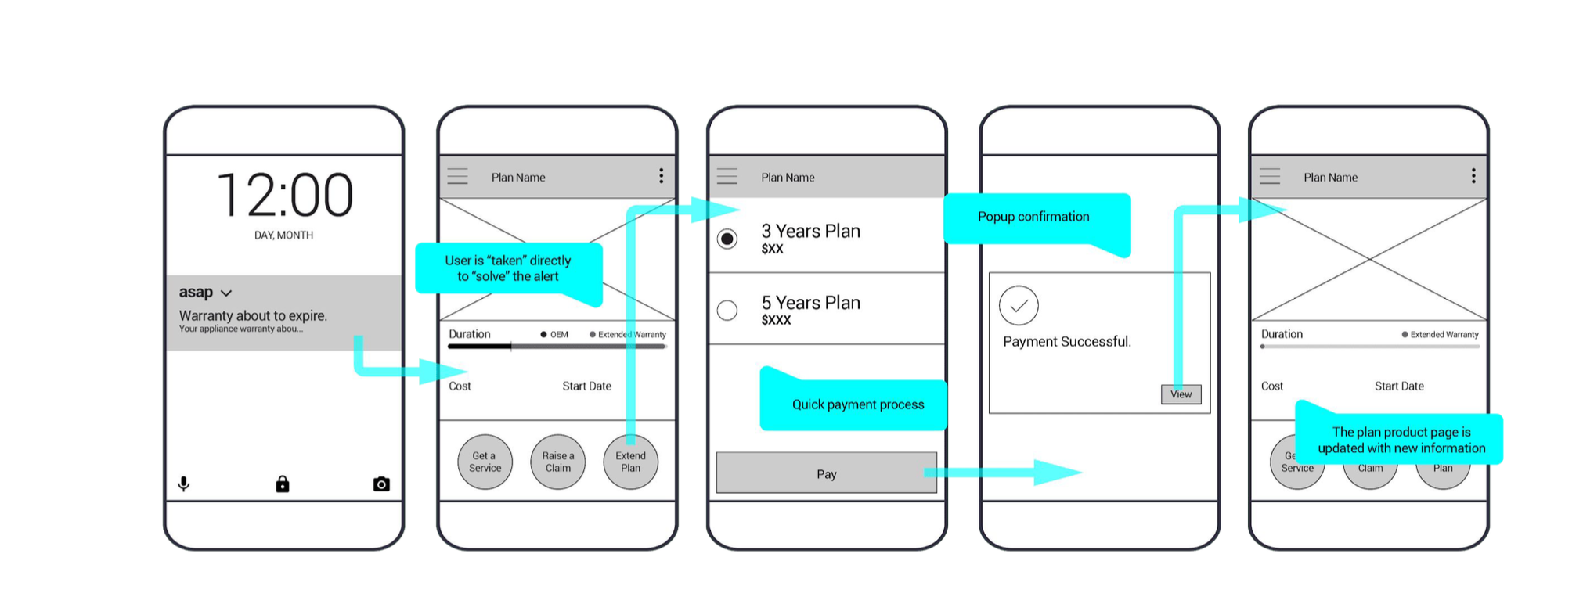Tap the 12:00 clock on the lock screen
284,195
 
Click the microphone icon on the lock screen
184,484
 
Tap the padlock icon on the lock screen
283,484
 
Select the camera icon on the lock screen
381,484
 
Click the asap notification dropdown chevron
226,293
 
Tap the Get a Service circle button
485,462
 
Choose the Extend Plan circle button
630,462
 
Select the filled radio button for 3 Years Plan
727,239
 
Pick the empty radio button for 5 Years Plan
727,311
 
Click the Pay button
826,473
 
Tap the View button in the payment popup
1181,394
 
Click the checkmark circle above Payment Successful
1019,306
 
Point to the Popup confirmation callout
1033,218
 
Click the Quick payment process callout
857,404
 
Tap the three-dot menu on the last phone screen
1473,176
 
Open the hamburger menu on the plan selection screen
727,177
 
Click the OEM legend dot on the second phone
543,335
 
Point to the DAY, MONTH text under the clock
283,235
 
